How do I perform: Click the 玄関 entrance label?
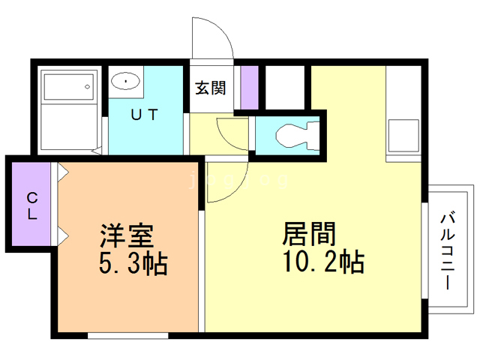click(x=211, y=88)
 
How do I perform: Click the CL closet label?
click(x=32, y=205)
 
